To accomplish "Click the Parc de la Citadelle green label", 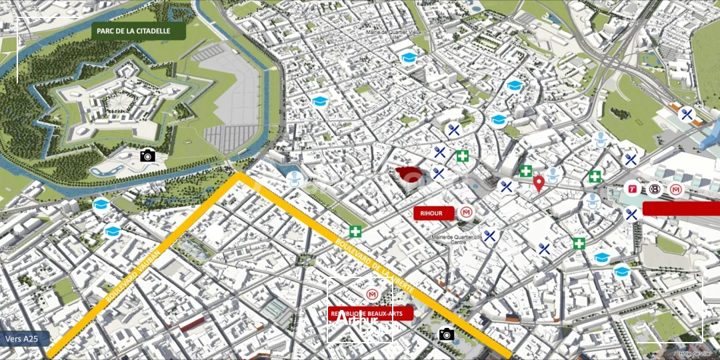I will coord(138,31).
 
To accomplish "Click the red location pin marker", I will coord(539,183).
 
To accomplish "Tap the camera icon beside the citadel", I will coord(147,155).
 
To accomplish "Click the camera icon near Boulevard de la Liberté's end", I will coord(447,334).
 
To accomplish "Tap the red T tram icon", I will coord(633,190).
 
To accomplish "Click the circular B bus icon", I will coord(655,190).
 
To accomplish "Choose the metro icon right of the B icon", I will coord(677,190).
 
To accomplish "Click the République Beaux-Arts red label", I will coord(371,313).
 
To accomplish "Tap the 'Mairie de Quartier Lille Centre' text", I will coord(459,239).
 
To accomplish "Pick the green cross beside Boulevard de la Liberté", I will coord(356,231).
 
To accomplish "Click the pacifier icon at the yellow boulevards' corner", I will coord(295,178).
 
